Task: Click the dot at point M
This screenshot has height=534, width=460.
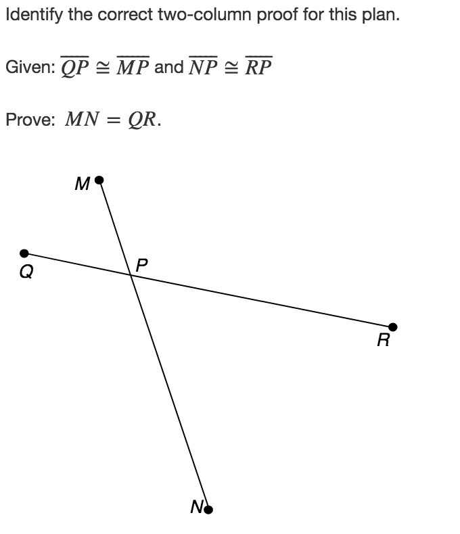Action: (x=99, y=180)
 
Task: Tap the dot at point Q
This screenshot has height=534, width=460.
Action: (x=24, y=253)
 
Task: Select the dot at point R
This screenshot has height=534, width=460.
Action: (x=392, y=327)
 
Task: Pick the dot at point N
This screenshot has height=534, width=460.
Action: (x=208, y=509)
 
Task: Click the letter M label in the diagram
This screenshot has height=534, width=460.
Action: (x=83, y=185)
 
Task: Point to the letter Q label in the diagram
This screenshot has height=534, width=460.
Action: (x=25, y=273)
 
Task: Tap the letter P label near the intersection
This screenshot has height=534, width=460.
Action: (x=141, y=266)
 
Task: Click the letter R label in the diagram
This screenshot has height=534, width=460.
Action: (x=384, y=341)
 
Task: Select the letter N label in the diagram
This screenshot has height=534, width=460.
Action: (x=196, y=507)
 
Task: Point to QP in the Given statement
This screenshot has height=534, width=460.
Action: (x=75, y=68)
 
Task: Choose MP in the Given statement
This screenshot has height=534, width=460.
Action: (x=133, y=68)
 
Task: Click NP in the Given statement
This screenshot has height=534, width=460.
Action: (x=204, y=68)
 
